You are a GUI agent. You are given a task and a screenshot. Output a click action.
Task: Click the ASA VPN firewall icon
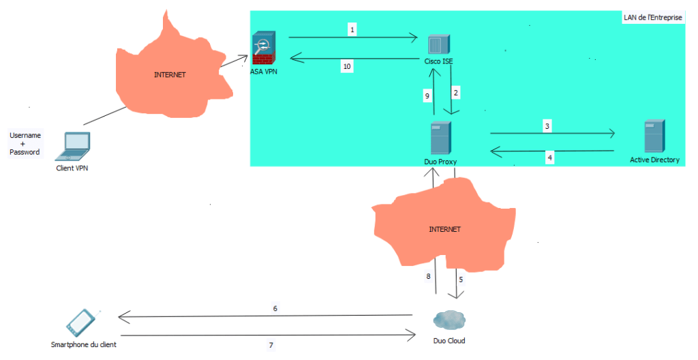(x=262, y=48)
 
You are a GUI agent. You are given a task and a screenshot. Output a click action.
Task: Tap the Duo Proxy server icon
(x=440, y=138)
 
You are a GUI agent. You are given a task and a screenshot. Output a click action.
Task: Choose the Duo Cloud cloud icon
(x=449, y=320)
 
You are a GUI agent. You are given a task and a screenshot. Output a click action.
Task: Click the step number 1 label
(x=352, y=29)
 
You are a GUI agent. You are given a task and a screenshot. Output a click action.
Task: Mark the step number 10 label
(x=347, y=66)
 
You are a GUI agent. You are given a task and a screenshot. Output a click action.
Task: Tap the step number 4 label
(x=550, y=157)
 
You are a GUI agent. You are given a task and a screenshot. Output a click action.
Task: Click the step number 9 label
(x=427, y=97)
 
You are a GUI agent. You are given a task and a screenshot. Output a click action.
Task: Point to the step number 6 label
(x=275, y=308)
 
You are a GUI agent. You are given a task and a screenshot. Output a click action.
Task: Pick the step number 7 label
(x=271, y=345)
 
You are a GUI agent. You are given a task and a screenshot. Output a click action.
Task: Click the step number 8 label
(x=429, y=277)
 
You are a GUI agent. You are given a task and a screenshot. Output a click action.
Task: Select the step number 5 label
(x=460, y=279)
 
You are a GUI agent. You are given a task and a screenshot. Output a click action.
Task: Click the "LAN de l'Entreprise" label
(x=652, y=18)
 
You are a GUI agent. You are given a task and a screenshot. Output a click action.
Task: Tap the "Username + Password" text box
(x=25, y=144)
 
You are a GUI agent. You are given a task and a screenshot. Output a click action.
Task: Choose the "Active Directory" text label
(x=654, y=160)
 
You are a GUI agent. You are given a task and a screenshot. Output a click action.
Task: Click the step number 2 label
(x=456, y=90)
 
